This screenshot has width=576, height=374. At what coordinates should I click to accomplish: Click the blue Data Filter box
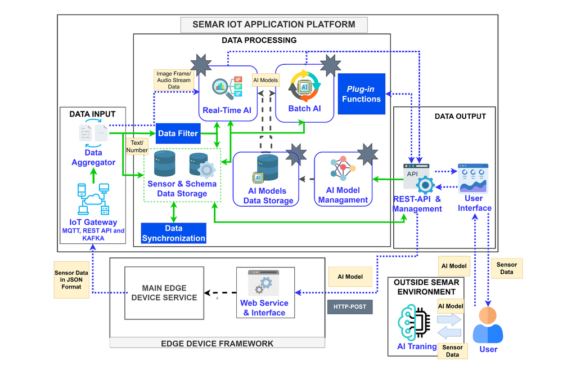(178, 133)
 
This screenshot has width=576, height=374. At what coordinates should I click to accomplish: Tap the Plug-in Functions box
(362, 93)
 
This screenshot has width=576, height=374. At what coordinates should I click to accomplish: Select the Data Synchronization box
(173, 233)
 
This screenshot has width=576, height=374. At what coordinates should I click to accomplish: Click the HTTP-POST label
(350, 307)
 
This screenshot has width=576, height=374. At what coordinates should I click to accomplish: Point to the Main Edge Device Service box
(164, 293)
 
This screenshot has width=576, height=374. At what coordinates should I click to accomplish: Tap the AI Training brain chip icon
(414, 322)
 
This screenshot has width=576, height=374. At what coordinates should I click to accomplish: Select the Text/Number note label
(137, 146)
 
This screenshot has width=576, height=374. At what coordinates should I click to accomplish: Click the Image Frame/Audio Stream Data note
(174, 80)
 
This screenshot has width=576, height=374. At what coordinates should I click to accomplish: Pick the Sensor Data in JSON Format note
(71, 280)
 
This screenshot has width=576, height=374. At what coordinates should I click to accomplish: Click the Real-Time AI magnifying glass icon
(223, 88)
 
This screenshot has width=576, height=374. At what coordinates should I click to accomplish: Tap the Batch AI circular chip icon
(304, 86)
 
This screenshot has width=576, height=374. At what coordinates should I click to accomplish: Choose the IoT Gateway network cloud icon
(93, 199)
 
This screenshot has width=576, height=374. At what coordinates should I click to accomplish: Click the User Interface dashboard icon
(473, 179)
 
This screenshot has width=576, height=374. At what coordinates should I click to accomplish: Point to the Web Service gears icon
(264, 283)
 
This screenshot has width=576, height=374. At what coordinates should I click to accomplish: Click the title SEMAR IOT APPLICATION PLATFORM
(274, 25)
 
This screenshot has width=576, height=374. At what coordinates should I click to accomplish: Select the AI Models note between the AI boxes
(265, 80)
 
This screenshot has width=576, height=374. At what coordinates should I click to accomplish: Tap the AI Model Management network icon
(343, 168)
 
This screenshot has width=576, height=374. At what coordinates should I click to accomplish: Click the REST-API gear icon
(425, 185)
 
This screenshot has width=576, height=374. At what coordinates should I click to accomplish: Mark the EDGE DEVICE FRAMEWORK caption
(217, 344)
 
